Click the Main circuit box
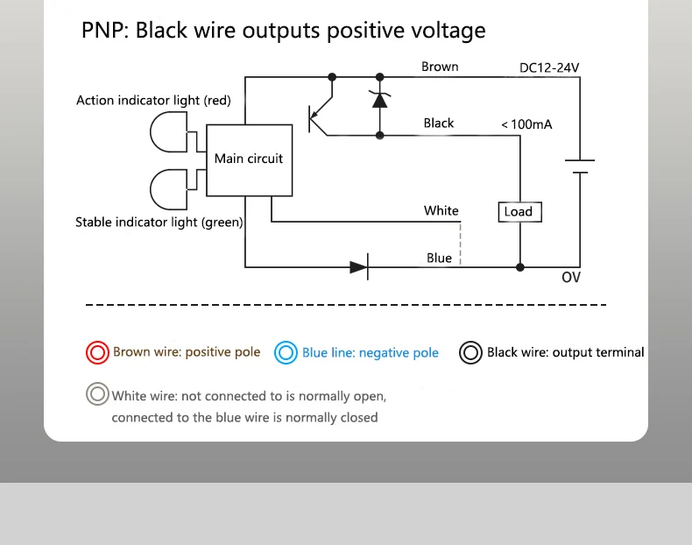[x=249, y=159]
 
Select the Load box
[x=518, y=211]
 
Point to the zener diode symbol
[x=379, y=99]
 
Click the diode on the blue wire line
[x=358, y=266]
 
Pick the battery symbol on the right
[x=579, y=166]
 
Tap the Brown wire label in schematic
[x=440, y=67]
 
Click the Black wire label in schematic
[x=439, y=124]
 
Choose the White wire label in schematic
[x=441, y=210]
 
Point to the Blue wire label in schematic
[x=440, y=258]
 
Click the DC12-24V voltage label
[x=548, y=67]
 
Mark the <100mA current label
[x=526, y=124]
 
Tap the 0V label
[x=571, y=278]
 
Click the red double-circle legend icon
[x=96, y=352]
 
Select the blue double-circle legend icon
[x=286, y=352]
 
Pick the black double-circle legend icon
[x=471, y=352]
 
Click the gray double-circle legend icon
[x=97, y=394]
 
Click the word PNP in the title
[x=103, y=32]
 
